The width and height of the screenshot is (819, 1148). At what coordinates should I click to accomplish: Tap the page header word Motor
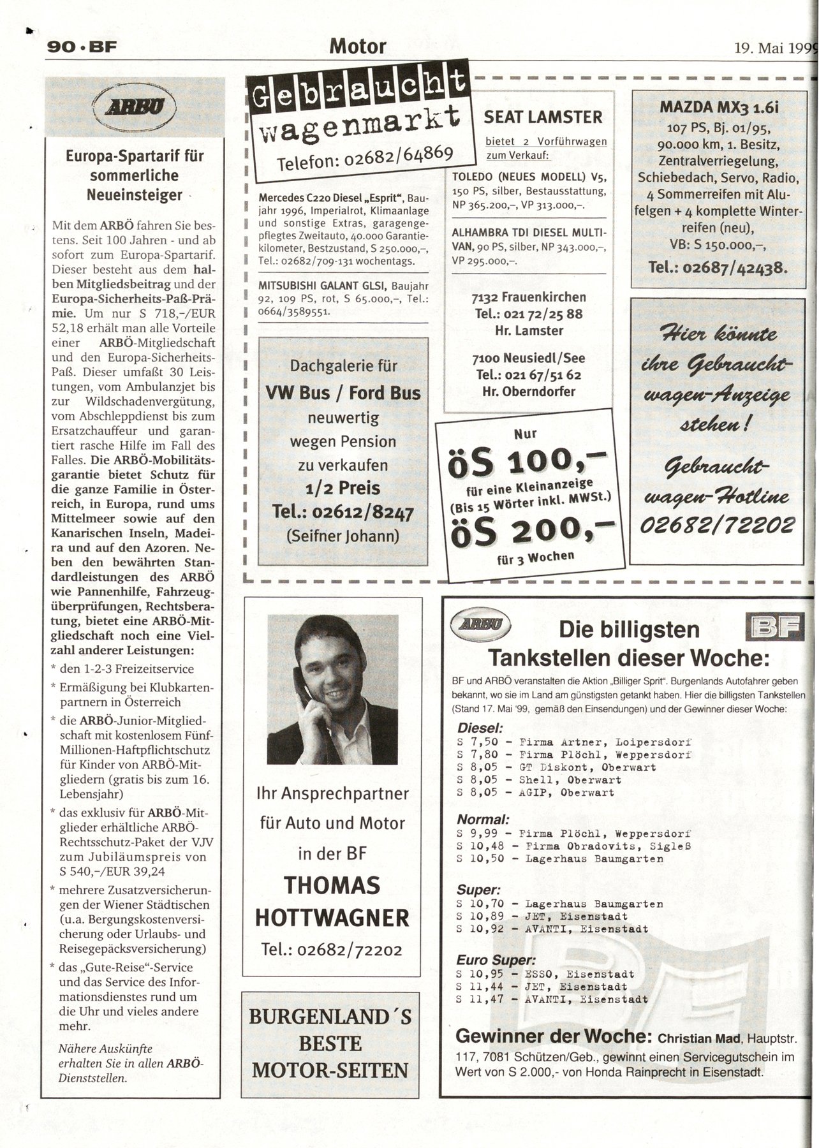tap(358, 47)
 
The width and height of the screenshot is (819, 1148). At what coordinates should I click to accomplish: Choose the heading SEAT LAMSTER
tap(543, 117)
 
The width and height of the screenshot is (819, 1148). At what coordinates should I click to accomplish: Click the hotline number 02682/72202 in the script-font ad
tap(718, 525)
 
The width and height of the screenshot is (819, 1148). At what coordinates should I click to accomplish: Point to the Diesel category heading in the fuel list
tap(480, 728)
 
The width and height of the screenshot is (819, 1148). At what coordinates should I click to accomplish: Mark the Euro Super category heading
tap(496, 960)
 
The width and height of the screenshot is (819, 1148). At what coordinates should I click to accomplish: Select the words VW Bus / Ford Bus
tap(343, 393)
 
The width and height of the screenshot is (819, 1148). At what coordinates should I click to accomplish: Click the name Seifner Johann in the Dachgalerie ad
tap(343, 536)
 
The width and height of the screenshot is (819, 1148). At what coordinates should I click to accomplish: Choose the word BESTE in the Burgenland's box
tap(330, 1043)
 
